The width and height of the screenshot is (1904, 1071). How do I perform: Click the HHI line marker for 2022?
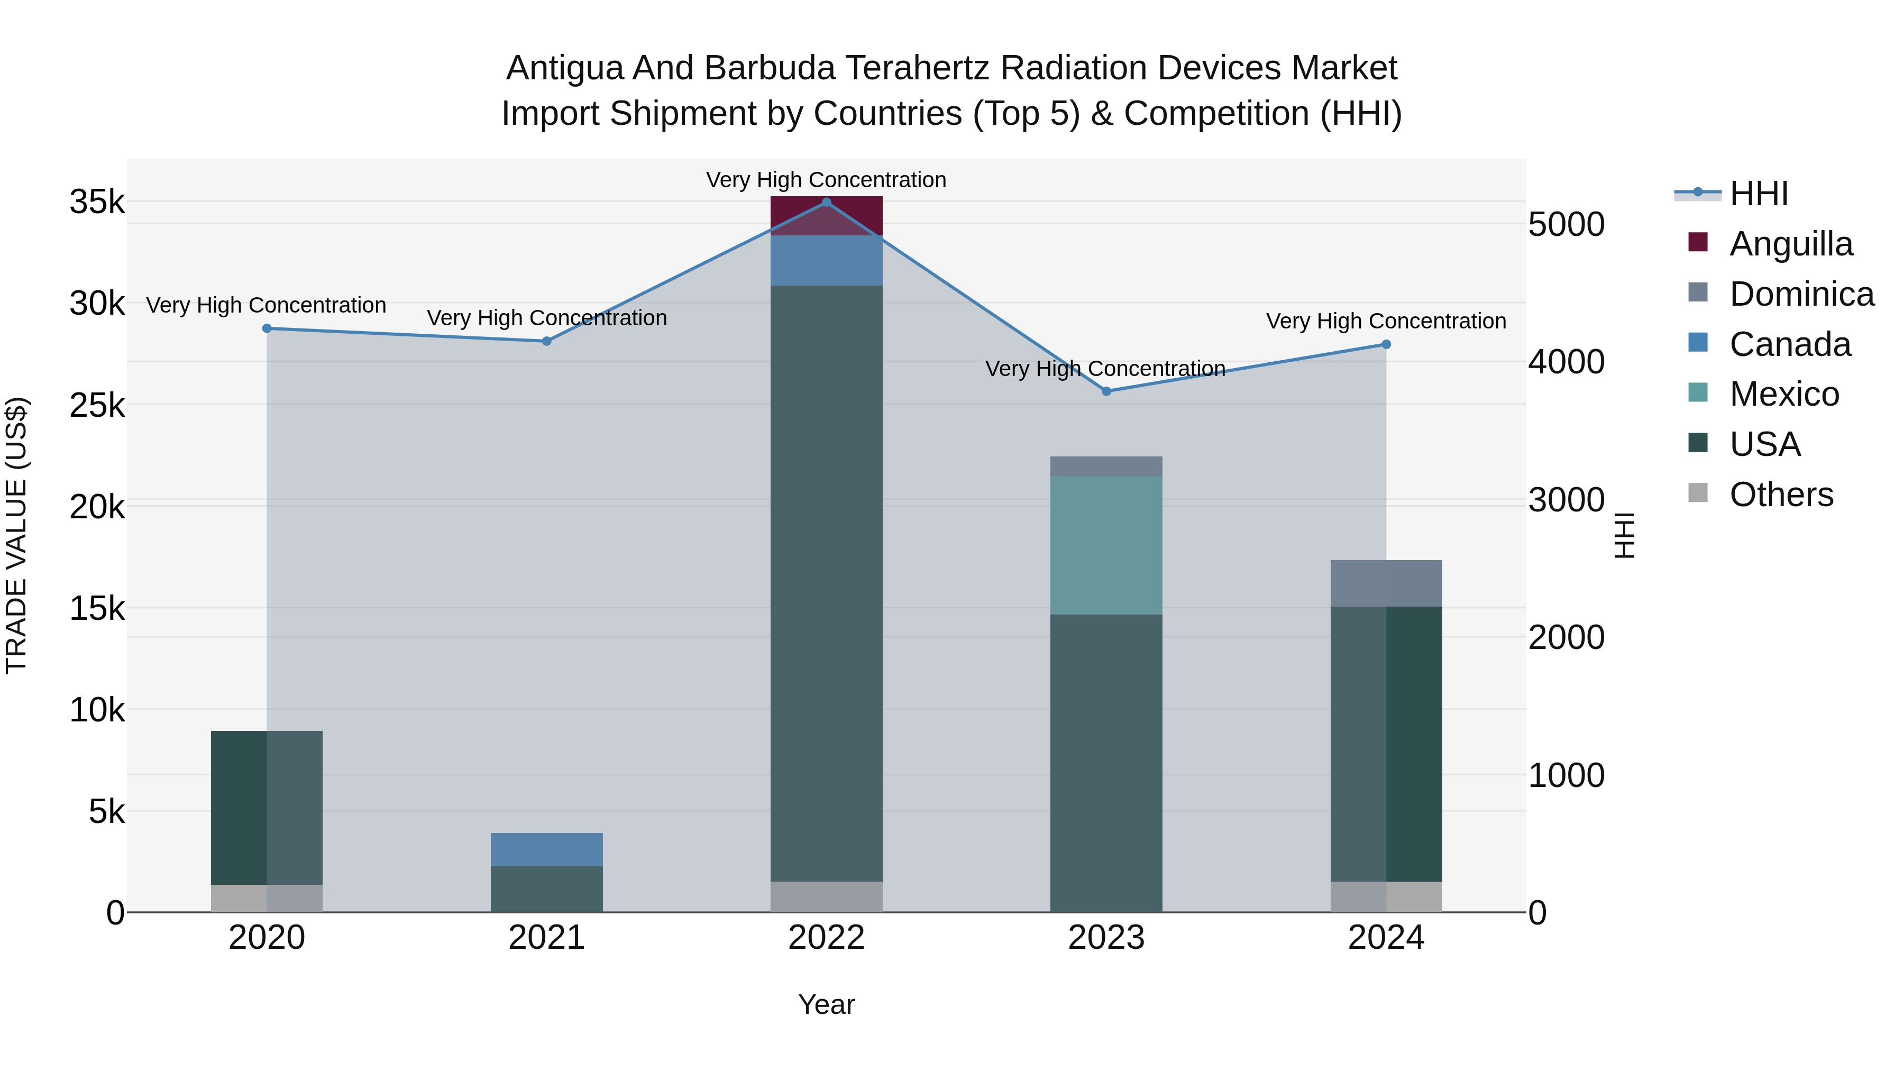point(826,203)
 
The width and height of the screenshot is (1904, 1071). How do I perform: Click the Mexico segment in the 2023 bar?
point(1106,545)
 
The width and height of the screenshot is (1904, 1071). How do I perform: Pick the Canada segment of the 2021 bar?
point(547,850)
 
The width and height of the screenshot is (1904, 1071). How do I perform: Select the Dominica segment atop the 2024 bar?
point(1386,583)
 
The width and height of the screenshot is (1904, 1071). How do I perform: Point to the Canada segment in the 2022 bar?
point(826,261)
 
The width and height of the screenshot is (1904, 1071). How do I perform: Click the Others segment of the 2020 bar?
point(267,899)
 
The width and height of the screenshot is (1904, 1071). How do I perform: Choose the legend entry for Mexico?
point(1783,394)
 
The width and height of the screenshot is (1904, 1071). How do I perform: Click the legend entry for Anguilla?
point(1790,244)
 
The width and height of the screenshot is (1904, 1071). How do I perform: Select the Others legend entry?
point(1781,495)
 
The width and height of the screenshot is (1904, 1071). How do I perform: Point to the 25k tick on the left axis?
point(97,405)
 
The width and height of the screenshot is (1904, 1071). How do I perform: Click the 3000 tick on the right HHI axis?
point(1566,500)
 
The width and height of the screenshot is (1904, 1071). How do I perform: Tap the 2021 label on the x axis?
point(547,938)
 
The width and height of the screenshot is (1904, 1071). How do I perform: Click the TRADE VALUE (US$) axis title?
point(16,535)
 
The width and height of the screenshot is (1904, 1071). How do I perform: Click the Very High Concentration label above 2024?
point(1386,322)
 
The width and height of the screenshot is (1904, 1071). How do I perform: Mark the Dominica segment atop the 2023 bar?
point(1106,466)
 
